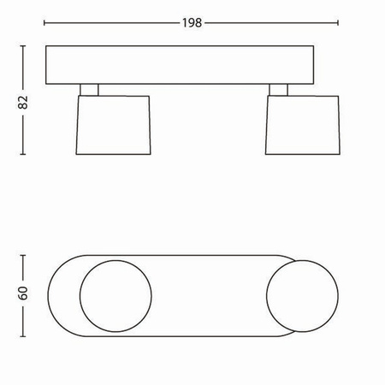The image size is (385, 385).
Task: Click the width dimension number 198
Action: [x=192, y=23]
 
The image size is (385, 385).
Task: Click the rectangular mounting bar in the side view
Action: [x=192, y=67]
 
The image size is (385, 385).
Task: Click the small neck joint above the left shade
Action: [x=89, y=89]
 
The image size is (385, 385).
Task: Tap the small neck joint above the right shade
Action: [x=280, y=89]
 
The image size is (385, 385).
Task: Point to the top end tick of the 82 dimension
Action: [x=23, y=49]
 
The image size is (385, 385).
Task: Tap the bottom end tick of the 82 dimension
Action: [x=23, y=156]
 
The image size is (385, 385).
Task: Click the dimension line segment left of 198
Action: [x=111, y=23]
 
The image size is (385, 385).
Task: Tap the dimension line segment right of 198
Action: [x=274, y=23]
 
